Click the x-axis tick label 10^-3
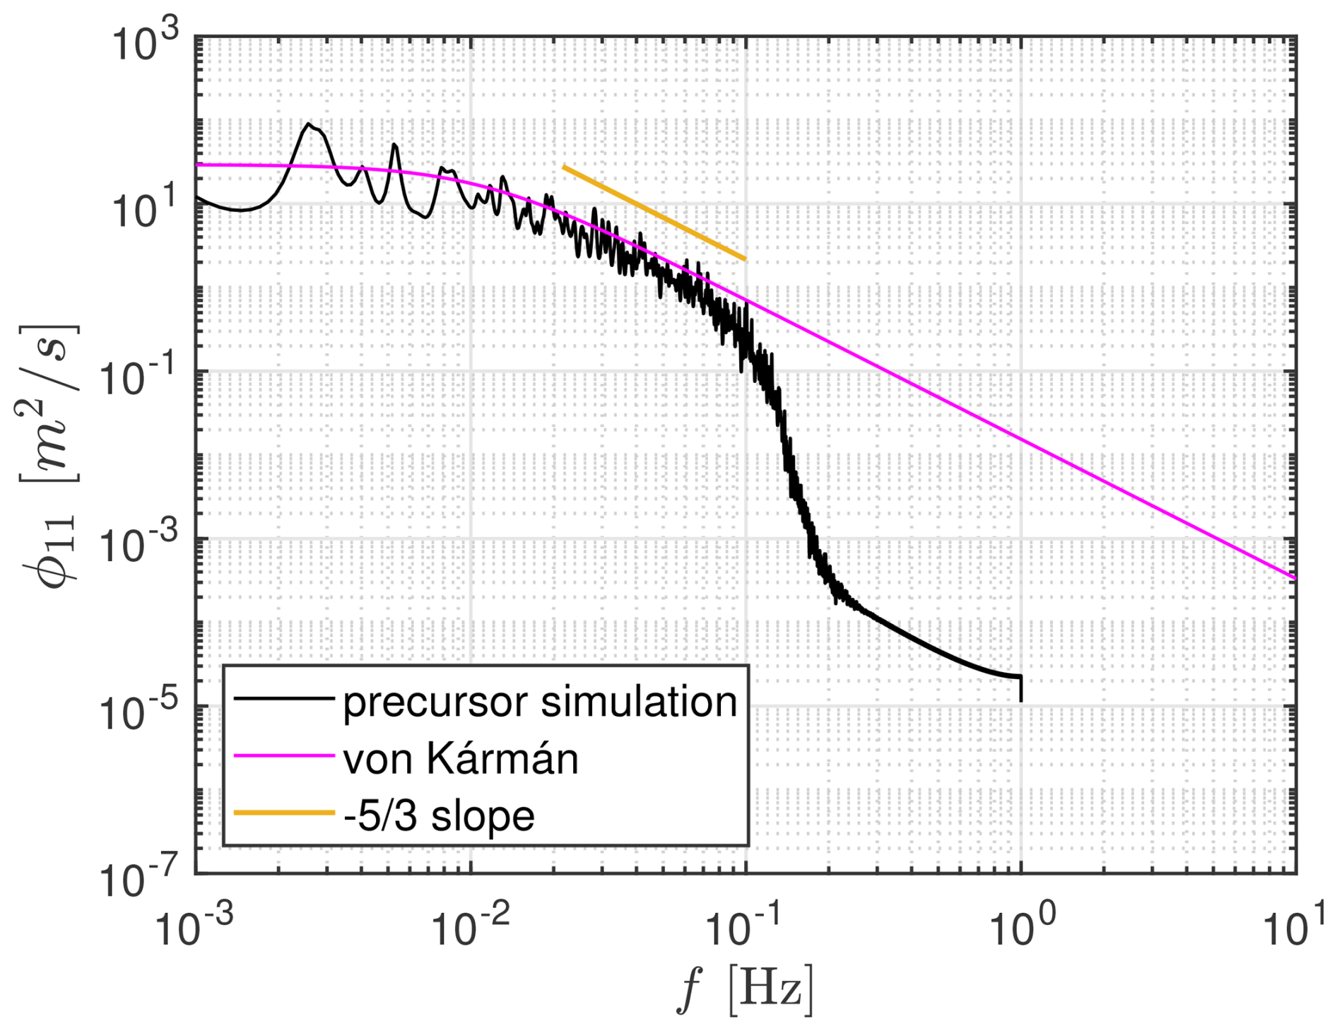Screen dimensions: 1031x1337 click(187, 926)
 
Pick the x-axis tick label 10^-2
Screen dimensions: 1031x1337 click(463, 926)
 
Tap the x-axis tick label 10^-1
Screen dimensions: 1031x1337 click(738, 926)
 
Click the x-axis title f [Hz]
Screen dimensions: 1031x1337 click(745, 990)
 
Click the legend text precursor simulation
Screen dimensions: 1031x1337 click(540, 702)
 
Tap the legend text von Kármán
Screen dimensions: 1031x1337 click(461, 759)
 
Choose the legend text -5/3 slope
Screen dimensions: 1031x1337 click(439, 815)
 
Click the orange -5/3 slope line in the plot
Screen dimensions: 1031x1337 click(654, 213)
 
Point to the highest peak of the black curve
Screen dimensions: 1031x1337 click(309, 124)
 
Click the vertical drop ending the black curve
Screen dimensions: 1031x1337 click(1021, 689)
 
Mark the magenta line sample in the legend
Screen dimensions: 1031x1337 click(283, 755)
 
